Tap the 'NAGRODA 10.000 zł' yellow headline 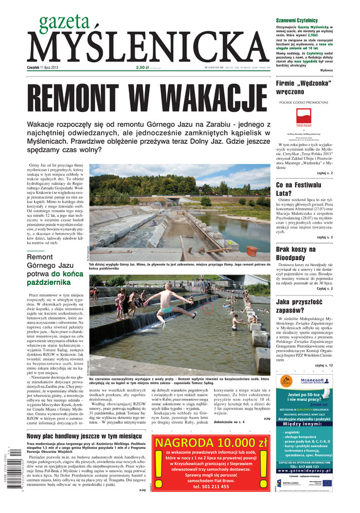tap(211, 443)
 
